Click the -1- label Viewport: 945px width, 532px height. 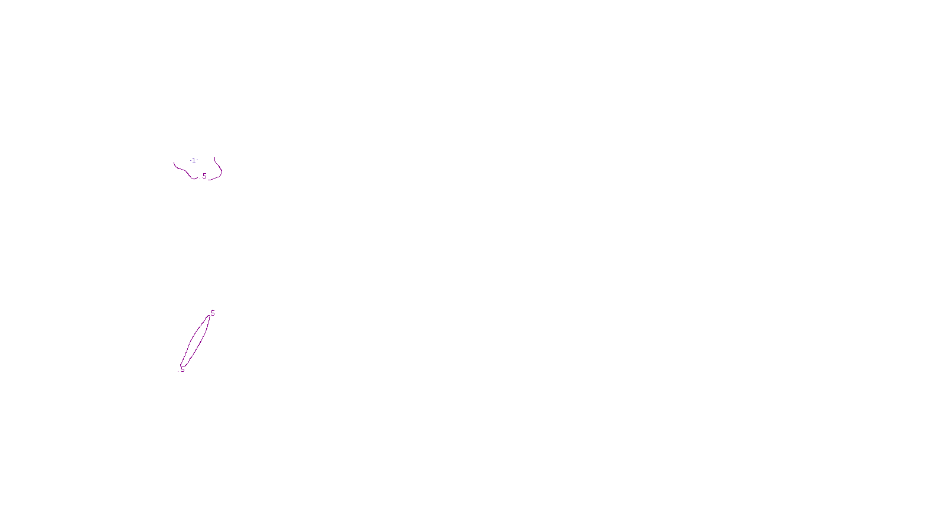pos(194,161)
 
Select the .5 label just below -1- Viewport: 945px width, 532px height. pos(204,176)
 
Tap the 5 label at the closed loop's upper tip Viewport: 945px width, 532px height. pos(213,313)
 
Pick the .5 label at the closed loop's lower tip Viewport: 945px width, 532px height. pos(183,369)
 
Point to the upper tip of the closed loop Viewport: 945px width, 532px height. pos(209,316)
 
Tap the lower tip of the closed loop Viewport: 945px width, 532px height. pos(181,366)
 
